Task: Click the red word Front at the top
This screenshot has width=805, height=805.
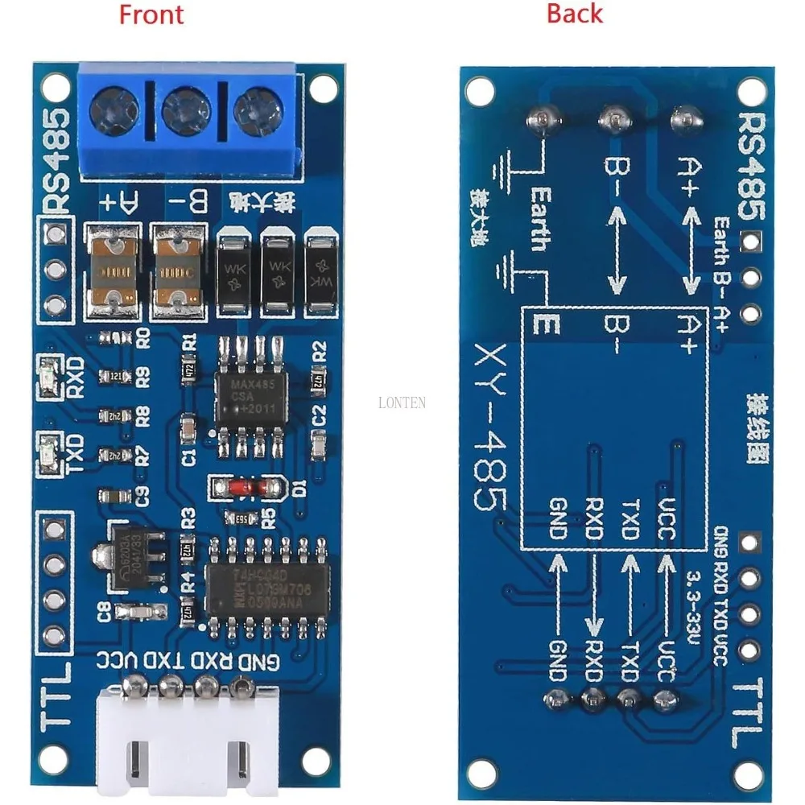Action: (x=151, y=14)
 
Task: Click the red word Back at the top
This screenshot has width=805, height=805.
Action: (x=574, y=14)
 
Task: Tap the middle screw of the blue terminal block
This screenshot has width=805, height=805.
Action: (x=186, y=110)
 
